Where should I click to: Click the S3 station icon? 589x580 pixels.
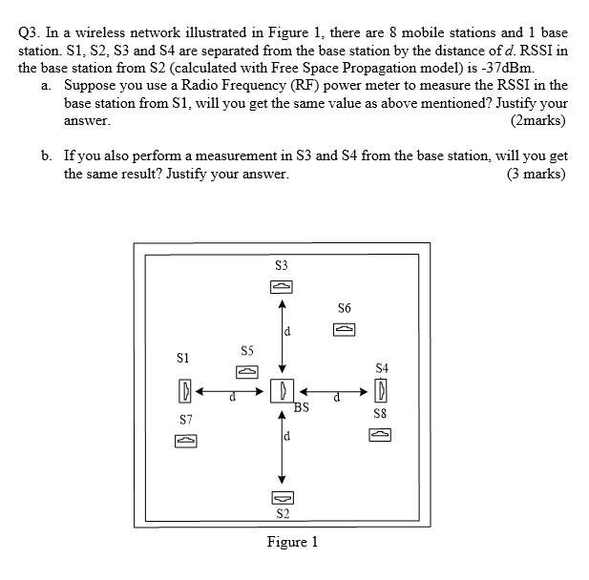point(281,286)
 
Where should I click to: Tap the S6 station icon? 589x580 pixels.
point(344,329)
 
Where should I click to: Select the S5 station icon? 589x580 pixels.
point(245,371)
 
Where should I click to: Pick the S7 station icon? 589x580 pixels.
point(185,441)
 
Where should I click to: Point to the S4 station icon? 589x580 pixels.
point(381,390)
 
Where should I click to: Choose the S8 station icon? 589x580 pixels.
point(380,435)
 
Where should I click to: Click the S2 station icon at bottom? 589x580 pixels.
point(281,498)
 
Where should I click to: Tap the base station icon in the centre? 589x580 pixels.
point(281,390)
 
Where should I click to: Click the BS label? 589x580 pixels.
point(302,407)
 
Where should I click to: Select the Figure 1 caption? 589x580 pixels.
point(292,542)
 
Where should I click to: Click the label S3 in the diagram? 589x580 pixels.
point(281,265)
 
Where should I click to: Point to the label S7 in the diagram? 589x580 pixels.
point(185,420)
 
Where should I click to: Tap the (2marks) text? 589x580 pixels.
point(538,121)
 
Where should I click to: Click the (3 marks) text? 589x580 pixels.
point(537,174)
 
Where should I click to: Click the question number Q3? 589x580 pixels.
point(30,32)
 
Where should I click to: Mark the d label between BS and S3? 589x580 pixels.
point(287,332)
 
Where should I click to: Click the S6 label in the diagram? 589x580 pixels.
point(344,308)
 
